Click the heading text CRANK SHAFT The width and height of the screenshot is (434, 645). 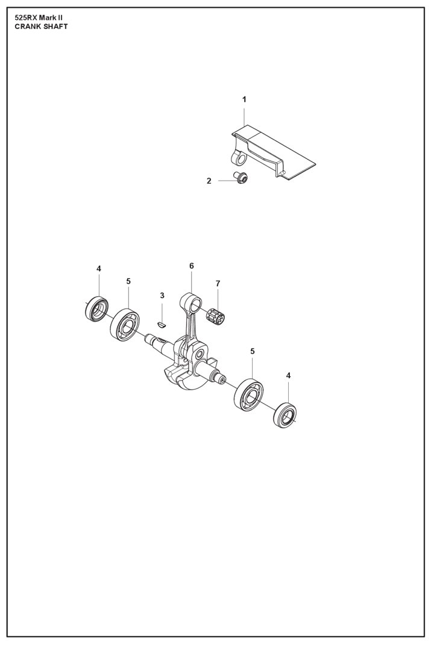(x=41, y=27)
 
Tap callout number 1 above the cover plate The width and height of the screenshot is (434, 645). (x=244, y=99)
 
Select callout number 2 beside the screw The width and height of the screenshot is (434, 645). (x=209, y=180)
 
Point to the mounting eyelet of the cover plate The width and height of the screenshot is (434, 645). (x=239, y=158)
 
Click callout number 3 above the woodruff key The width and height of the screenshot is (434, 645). (x=162, y=295)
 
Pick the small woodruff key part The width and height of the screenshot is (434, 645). (x=160, y=323)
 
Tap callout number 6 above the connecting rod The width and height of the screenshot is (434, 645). (x=191, y=266)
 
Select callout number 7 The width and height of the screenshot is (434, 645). (x=218, y=283)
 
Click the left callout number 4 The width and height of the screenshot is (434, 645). (x=99, y=269)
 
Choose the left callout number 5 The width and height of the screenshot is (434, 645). (x=128, y=281)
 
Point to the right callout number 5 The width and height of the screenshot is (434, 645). (x=253, y=351)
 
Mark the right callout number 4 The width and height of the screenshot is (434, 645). (x=288, y=375)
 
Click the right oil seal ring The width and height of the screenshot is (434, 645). (x=286, y=415)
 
